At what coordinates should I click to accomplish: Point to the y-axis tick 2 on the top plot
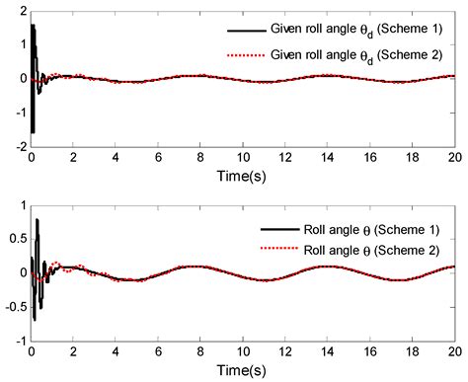pyautogui.click(x=20, y=10)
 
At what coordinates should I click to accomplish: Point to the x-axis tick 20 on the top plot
pyautogui.click(x=453, y=158)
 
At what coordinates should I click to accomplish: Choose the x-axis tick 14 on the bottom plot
pyautogui.click(x=327, y=352)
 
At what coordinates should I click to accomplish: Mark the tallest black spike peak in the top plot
pyautogui.click(x=33, y=25)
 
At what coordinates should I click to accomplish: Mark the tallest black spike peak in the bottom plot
pyautogui.click(x=38, y=219)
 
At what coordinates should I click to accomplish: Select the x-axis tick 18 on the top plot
pyautogui.click(x=412, y=158)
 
